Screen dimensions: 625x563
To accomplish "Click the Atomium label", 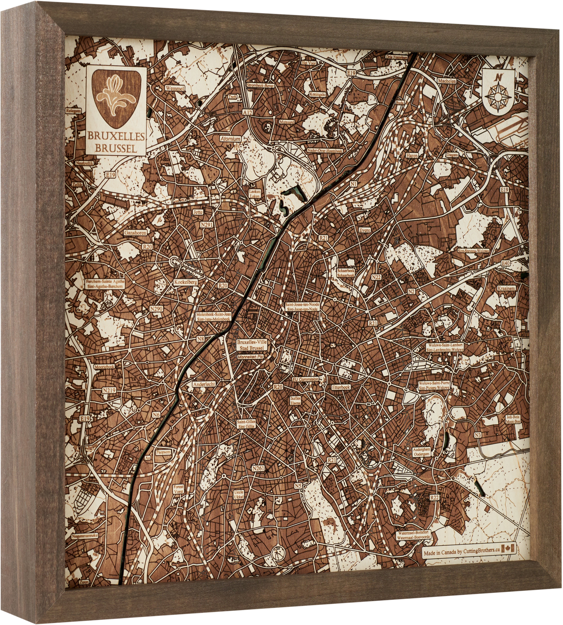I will click(230, 139).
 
